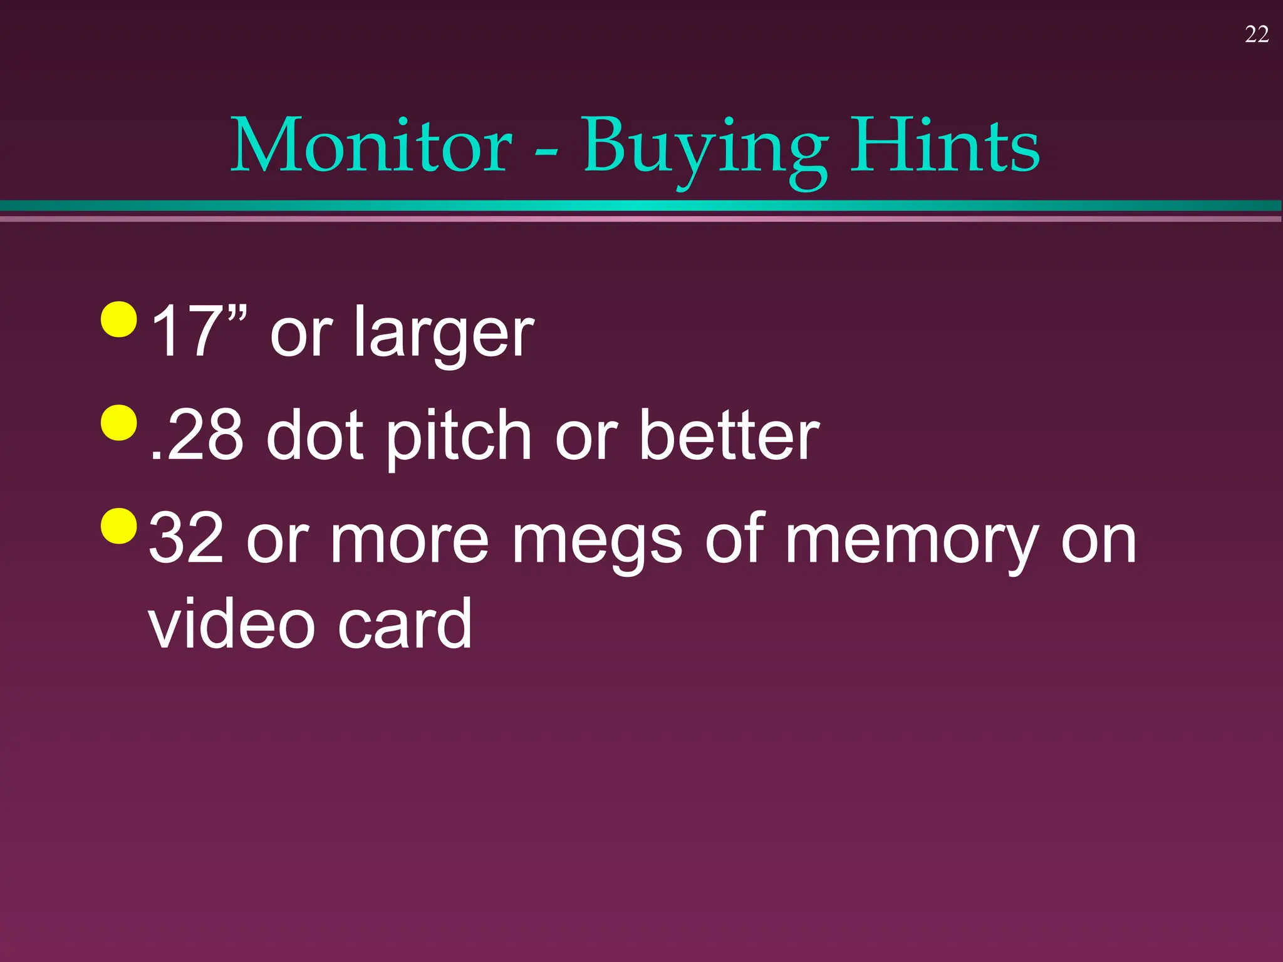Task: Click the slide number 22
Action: coord(1257,34)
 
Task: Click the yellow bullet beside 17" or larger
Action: coord(118,319)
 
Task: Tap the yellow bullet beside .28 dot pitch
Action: coord(118,423)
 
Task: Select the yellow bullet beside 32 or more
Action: coord(118,526)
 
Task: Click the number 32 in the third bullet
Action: coord(187,538)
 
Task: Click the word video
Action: coord(231,624)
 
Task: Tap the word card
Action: coord(405,624)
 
